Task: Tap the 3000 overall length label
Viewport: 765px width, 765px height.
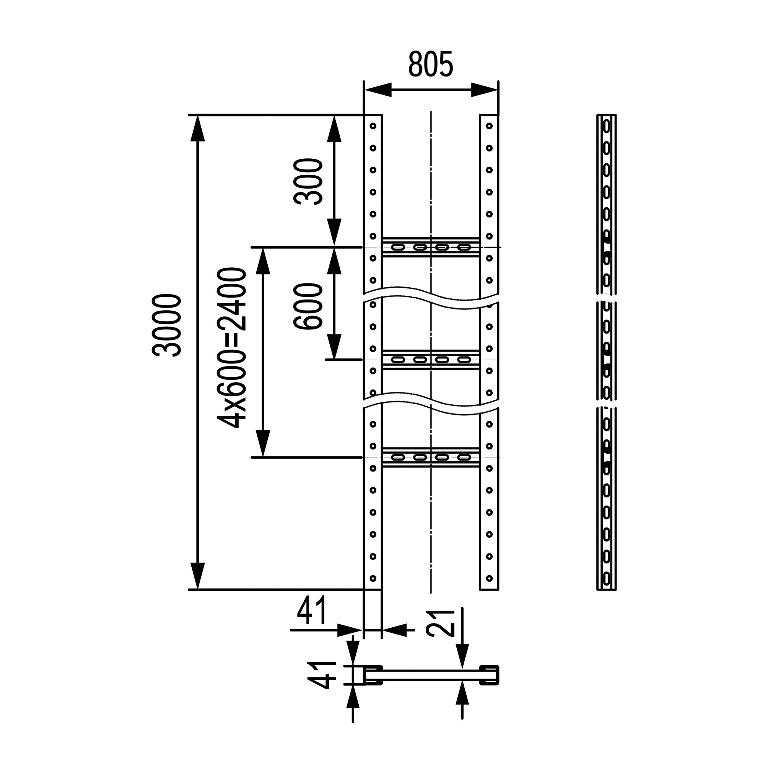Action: tap(167, 325)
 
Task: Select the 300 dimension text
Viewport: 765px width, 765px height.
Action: tap(308, 181)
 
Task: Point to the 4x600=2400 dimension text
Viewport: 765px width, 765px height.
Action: tap(233, 348)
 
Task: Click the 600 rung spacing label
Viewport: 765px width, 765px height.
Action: tap(308, 306)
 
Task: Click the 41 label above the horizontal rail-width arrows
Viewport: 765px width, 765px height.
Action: tap(313, 610)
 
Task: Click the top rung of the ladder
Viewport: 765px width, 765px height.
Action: tap(431, 247)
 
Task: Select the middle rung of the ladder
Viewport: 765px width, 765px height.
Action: tap(431, 360)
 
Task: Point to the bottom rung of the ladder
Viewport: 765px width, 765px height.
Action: tap(431, 457)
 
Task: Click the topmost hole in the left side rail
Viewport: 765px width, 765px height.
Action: tap(373, 126)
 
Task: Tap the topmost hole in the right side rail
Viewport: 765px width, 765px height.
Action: tap(490, 126)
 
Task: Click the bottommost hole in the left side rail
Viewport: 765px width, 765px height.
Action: tap(373, 578)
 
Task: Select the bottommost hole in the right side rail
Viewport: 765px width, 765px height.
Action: tap(490, 578)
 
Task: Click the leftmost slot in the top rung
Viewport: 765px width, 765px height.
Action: tap(398, 247)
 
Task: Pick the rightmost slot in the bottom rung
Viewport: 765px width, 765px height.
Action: tap(464, 457)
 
